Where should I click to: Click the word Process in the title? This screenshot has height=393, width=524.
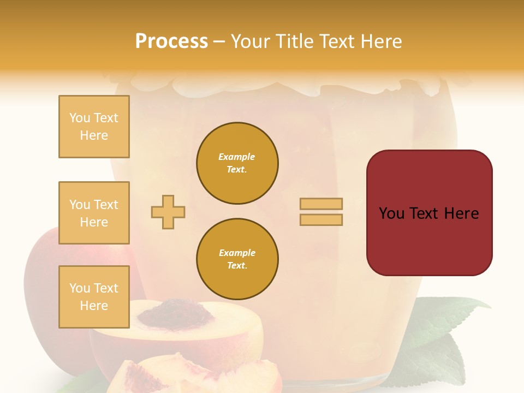point(171,41)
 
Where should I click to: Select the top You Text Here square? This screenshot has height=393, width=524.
point(94,127)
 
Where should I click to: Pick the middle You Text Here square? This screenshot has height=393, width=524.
point(94,213)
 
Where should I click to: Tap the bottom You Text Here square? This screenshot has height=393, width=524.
point(94,297)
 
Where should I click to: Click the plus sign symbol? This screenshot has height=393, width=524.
point(168,212)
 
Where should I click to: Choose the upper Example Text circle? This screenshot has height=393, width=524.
point(237,163)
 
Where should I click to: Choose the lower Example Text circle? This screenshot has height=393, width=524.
point(237,259)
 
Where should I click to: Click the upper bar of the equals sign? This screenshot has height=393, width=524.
point(321,204)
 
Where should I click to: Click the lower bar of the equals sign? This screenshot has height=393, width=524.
point(321,219)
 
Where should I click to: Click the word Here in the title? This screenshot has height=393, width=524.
point(380,41)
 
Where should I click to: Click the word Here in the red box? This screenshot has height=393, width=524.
point(461,213)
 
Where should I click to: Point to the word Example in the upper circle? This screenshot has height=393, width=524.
point(237,157)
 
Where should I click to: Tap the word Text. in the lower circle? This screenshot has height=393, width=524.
point(237,266)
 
